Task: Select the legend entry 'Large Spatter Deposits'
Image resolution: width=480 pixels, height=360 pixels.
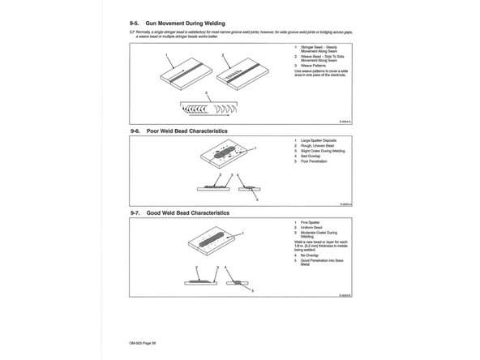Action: [x=319, y=142]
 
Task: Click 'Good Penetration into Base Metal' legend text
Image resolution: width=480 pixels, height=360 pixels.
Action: [x=325, y=264]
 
